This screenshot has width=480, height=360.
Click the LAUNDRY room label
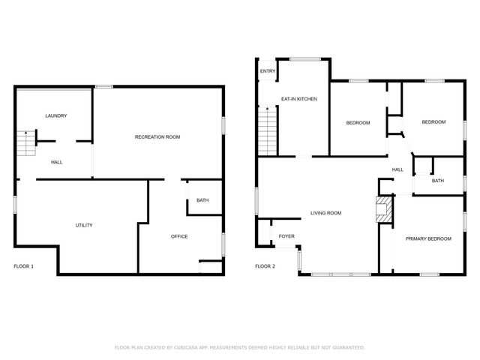coord(56,115)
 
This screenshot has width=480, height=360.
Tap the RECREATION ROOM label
coord(157,136)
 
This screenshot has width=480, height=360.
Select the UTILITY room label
coord(84,226)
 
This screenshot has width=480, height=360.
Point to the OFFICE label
coord(179,236)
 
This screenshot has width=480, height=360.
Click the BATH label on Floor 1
coord(202,200)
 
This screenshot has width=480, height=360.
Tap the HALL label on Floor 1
coord(57,162)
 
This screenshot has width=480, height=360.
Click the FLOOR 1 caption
coord(24,266)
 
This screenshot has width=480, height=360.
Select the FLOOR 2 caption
coord(265,266)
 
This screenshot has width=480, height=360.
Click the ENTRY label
coord(268,72)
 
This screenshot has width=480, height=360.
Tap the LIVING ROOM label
coord(326,213)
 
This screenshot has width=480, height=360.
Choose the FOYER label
coord(286,236)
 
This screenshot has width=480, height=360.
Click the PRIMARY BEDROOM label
coord(428,238)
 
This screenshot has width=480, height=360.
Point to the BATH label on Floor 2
coord(438,181)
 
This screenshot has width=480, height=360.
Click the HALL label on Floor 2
coord(397,169)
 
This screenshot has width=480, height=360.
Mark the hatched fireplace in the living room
coord(384,211)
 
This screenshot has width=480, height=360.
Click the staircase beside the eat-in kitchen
coord(268,130)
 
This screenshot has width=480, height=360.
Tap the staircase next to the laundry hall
coord(25,143)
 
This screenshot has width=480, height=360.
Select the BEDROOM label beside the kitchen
coord(358,122)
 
